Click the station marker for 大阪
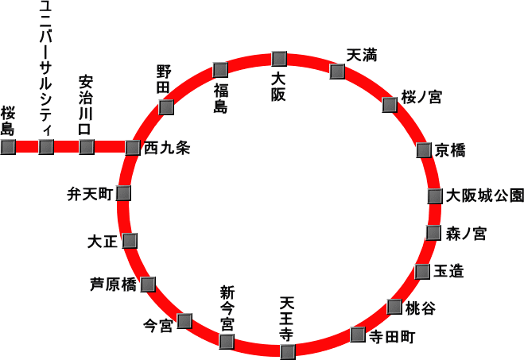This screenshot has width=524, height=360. point(279,59)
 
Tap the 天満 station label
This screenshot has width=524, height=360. point(362,55)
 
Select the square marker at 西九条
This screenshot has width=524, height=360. point(133,148)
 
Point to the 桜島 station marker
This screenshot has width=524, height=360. point(8,147)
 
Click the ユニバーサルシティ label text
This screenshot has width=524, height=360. point(46,69)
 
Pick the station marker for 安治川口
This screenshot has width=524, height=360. point(87,147)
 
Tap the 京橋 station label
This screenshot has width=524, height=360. point(450,150)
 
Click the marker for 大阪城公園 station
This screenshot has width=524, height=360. point(435,196)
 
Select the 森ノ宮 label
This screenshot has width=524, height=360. point(466,234)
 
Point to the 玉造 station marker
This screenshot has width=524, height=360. point(422,272)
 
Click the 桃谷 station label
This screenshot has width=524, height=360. point(421,308)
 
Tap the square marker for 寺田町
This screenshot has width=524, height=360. point(358,335)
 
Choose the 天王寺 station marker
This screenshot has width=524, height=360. point(288,352)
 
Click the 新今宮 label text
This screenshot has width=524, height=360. point(227,308)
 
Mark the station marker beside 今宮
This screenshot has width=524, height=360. point(184,321)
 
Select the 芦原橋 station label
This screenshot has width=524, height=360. point(113,285)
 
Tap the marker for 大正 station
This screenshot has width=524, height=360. point(130,241)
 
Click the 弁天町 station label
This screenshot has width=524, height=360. point(90,194)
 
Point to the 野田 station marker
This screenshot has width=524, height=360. point(166,107)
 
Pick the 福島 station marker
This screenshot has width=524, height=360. point(220,70)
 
